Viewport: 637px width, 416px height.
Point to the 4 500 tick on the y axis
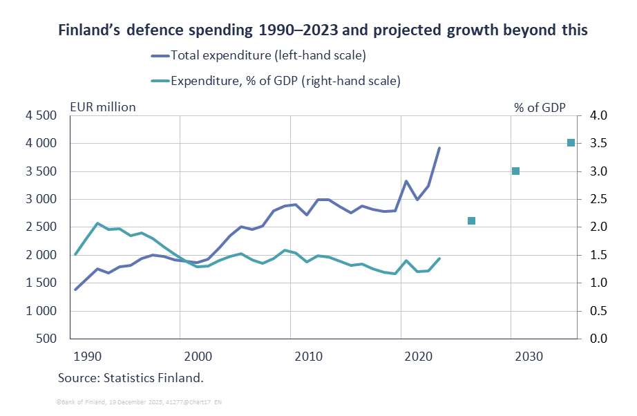[x=42, y=115]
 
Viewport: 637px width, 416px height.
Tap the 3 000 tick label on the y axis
[x=42, y=200]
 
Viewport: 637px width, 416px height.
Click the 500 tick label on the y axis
[x=48, y=339]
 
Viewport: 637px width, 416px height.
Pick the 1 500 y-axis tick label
[x=42, y=283]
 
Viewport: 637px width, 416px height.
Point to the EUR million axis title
[x=102, y=107]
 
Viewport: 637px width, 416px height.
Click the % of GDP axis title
[x=540, y=107]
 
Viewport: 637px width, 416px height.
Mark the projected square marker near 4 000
[x=571, y=143]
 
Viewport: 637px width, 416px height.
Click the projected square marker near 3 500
[x=515, y=171]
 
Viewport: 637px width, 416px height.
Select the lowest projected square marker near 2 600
[x=471, y=221]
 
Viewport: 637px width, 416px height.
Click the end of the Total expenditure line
[x=439, y=148]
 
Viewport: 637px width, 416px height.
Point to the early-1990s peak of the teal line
[x=97, y=223]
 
